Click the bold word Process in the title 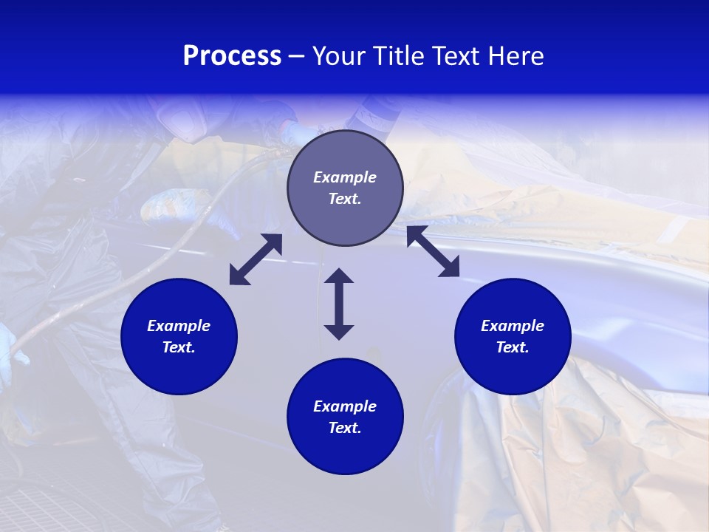tap(232, 56)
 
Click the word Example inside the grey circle tap(345, 177)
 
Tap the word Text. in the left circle tap(179, 347)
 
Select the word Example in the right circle tap(513, 326)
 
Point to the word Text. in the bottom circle tap(345, 428)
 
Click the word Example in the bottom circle tap(345, 406)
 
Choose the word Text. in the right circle tap(513, 347)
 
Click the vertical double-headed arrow tap(339, 304)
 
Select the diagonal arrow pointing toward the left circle tap(256, 259)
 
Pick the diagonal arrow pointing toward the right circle tap(433, 251)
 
